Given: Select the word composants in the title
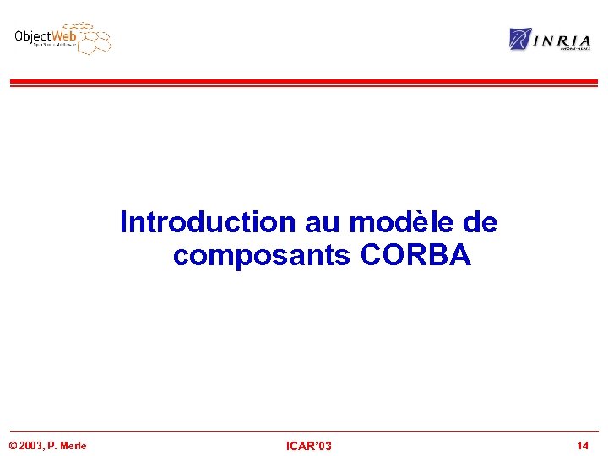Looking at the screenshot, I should (263, 254).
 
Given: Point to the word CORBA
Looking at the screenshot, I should (415, 254).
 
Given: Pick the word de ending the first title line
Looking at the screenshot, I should (480, 223).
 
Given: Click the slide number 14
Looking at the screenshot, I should (583, 445).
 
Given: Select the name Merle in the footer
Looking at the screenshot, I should (73, 446).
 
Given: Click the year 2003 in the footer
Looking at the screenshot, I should (31, 446).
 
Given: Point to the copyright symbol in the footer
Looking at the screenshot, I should (12, 446).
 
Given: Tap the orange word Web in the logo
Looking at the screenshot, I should (64, 36).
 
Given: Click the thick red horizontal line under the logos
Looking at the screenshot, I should (303, 82).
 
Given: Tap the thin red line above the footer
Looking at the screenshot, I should (303, 432).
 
